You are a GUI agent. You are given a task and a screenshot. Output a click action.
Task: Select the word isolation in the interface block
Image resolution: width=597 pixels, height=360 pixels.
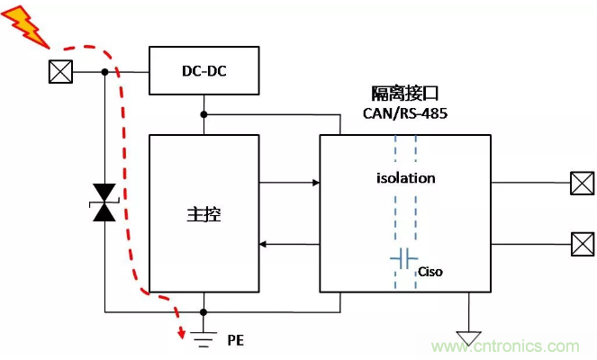tap(405, 177)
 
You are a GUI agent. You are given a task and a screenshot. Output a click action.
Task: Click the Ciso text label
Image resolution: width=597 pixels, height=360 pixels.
tap(431, 270)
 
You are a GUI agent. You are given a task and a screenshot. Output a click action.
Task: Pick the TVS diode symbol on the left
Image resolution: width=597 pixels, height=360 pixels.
tap(105, 202)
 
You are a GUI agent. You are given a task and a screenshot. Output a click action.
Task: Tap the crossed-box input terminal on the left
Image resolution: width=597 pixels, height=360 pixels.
tap(59, 72)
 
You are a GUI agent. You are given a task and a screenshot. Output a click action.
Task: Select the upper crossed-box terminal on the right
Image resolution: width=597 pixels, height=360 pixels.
tap(582, 184)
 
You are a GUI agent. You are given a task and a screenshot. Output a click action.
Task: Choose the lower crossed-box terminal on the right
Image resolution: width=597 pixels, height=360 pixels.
tap(582, 243)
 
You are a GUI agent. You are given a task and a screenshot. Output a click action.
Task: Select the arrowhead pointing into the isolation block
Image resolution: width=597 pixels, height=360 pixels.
tap(315, 183)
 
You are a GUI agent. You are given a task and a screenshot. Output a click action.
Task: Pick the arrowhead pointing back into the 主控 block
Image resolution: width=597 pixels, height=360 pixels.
tap(263, 244)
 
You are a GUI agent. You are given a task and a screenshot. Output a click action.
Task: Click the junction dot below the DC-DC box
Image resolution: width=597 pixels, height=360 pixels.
tap(204, 115)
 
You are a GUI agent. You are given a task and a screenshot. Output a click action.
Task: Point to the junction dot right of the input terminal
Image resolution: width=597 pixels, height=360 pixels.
tap(105, 72)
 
